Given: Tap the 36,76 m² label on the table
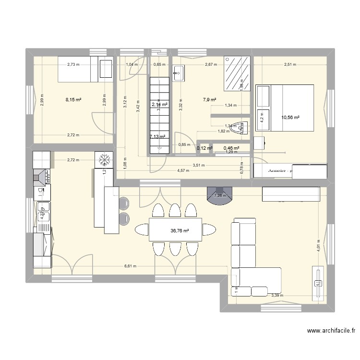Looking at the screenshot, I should (x=180, y=231).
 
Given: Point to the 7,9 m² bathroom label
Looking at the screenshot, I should (x=209, y=100).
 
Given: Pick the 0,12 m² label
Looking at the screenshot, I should (x=204, y=148).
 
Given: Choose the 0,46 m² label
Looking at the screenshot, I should (x=232, y=148).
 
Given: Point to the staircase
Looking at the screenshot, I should (x=158, y=116).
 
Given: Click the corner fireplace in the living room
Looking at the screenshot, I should (x=219, y=194).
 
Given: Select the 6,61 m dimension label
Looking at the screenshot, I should (x=130, y=266).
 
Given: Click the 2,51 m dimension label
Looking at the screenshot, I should (x=289, y=64).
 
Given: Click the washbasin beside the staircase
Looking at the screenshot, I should (x=178, y=73).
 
